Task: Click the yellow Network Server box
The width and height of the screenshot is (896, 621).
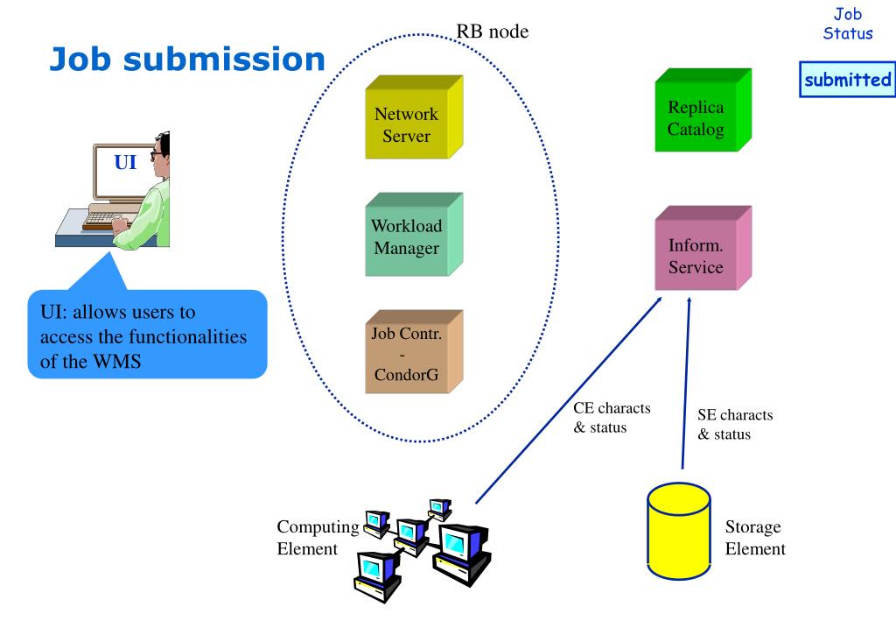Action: click(x=414, y=117)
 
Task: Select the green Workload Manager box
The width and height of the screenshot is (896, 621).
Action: click(x=414, y=235)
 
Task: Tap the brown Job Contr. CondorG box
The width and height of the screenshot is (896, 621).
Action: click(x=414, y=352)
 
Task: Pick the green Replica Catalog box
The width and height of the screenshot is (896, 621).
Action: click(x=703, y=110)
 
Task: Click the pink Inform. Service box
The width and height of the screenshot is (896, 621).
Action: click(x=703, y=248)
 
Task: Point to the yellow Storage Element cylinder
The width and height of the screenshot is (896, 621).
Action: click(x=679, y=531)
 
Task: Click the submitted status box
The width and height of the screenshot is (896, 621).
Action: click(x=847, y=80)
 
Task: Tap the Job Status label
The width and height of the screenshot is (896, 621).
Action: click(x=847, y=24)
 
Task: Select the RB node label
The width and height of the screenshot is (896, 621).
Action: click(x=492, y=31)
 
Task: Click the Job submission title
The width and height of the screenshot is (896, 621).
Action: click(x=187, y=59)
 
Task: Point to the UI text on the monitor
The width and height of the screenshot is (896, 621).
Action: click(x=125, y=162)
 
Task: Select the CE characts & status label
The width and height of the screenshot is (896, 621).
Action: click(x=612, y=418)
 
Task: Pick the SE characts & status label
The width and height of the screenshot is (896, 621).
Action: click(x=735, y=424)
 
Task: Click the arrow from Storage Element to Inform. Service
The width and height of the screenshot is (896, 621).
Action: click(x=686, y=383)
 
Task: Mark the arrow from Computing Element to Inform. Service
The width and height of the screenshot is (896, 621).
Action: click(x=569, y=400)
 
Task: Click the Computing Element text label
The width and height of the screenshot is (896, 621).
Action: click(x=318, y=538)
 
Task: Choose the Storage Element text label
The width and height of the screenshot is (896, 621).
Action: click(x=755, y=538)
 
